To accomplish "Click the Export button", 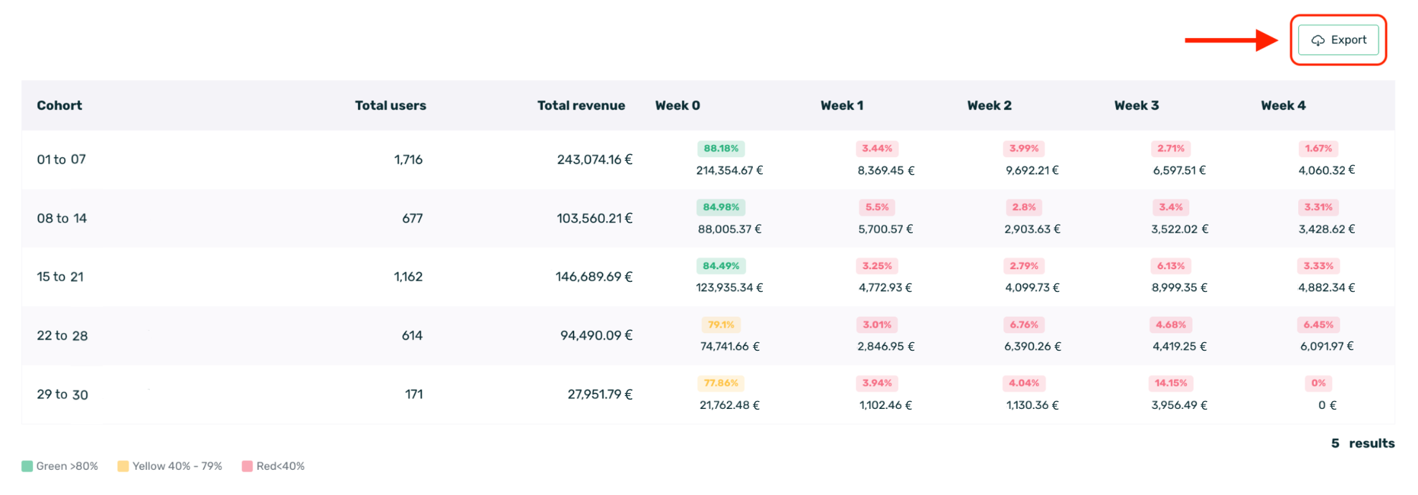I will pyautogui.click(x=1338, y=40).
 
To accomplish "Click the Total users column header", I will pyautogui.click(x=390, y=105).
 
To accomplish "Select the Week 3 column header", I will pyautogui.click(x=1136, y=105).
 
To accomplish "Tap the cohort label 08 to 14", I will pyautogui.click(x=62, y=218).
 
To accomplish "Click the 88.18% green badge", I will pyautogui.click(x=720, y=148).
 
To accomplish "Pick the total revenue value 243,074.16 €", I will pyautogui.click(x=594, y=159).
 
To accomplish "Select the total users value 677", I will pyautogui.click(x=412, y=218).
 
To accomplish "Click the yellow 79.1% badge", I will pyautogui.click(x=720, y=325).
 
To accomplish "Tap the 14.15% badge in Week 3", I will pyautogui.click(x=1170, y=383).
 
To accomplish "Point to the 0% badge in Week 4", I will pyautogui.click(x=1318, y=383).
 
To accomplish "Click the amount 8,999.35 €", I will pyautogui.click(x=1179, y=288).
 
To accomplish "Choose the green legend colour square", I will pyautogui.click(x=27, y=466).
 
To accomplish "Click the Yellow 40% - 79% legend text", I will pyautogui.click(x=177, y=466).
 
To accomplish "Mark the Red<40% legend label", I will pyautogui.click(x=281, y=466).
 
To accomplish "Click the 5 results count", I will pyautogui.click(x=1362, y=443).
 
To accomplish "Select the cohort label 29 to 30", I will pyautogui.click(x=62, y=395).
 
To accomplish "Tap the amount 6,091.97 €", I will pyautogui.click(x=1326, y=346).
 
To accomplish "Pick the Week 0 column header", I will pyautogui.click(x=677, y=105).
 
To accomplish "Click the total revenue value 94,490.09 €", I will pyautogui.click(x=596, y=335).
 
